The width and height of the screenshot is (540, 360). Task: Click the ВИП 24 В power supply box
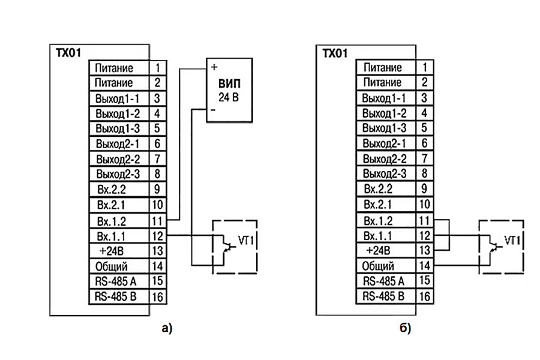point(229,90)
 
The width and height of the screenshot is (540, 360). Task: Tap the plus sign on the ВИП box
point(214,67)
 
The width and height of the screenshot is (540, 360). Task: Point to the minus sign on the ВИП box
point(213,110)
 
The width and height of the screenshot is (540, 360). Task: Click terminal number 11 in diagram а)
point(157,221)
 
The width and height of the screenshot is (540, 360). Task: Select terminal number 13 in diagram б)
point(425,250)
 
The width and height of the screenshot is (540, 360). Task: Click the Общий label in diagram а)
point(111,266)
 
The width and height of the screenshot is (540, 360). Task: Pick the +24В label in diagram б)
point(378,250)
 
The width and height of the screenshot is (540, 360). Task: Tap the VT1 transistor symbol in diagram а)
point(227,247)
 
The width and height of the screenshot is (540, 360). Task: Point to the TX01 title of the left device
point(68,53)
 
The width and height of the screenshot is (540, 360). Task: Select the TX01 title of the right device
point(335,53)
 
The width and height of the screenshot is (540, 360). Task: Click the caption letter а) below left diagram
point(167,328)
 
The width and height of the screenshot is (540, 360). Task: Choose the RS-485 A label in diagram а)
point(115,281)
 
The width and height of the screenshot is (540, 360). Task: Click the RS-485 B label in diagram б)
point(383,296)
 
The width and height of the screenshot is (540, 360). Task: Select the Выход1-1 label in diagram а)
point(117,98)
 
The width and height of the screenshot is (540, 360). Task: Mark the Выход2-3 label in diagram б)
point(385,173)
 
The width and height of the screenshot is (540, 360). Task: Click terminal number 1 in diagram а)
point(157,68)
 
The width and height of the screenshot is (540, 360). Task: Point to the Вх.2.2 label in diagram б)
point(378,188)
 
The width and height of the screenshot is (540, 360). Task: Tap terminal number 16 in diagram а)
point(157,296)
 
